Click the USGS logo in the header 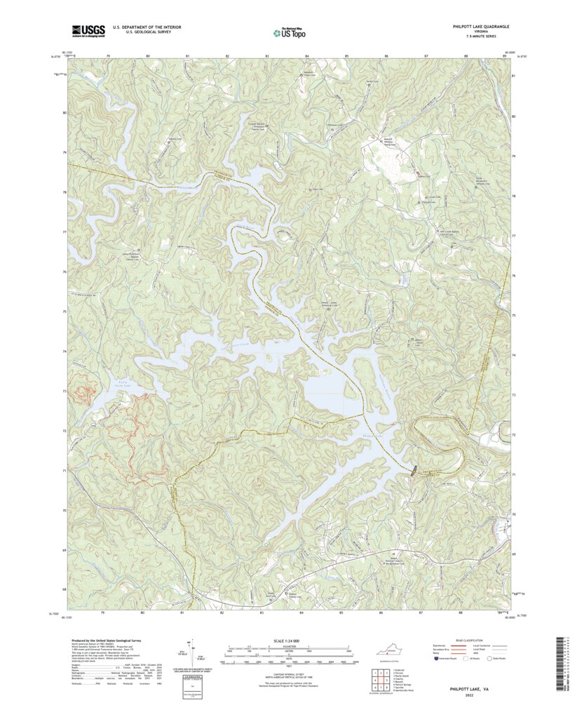tap(88, 30)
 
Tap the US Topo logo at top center tap(290, 31)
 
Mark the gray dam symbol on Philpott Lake tap(412, 469)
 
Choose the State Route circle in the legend tap(491, 659)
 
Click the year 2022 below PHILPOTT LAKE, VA tap(470, 697)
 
